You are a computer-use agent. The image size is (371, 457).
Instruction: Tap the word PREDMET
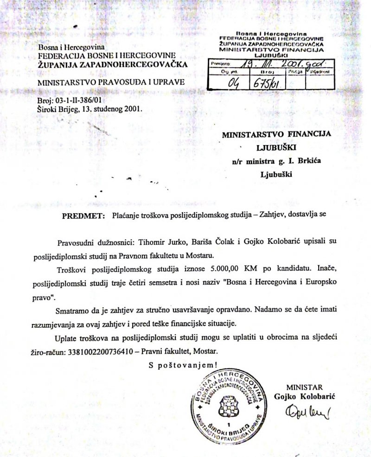pyautogui.click(x=82, y=216)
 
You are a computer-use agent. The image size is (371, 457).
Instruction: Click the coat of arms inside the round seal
pyautogui.click(x=228, y=403)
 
